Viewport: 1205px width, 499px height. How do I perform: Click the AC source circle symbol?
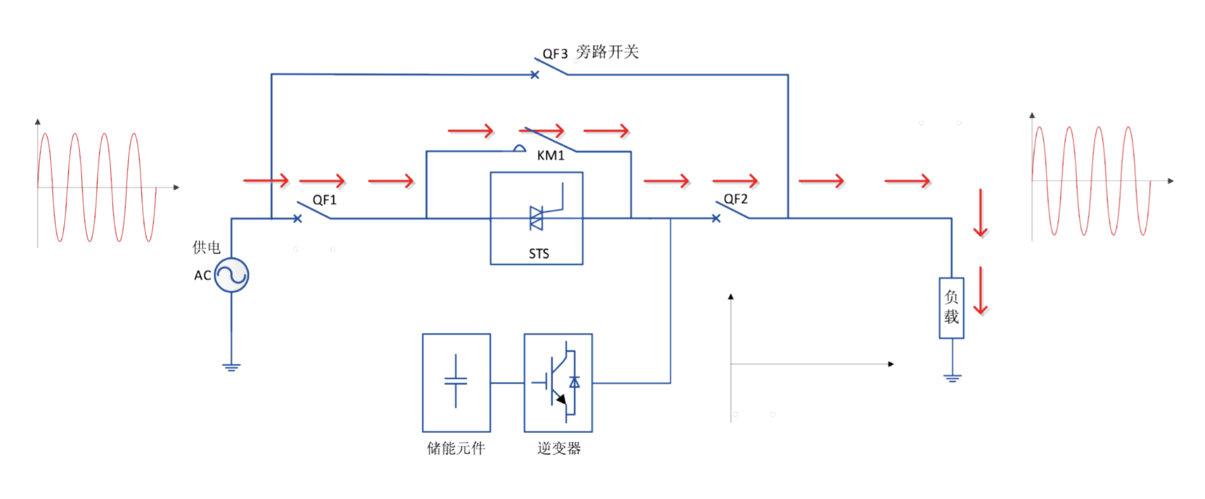click(231, 275)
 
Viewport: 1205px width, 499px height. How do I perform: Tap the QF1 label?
click(324, 200)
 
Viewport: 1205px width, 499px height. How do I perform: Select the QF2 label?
click(736, 199)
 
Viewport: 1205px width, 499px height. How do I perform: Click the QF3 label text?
click(555, 54)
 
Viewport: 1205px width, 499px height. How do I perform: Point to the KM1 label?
click(551, 155)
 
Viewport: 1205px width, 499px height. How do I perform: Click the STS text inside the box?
click(538, 254)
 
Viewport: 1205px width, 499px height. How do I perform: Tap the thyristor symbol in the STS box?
click(537, 218)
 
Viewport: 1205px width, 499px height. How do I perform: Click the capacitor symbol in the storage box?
click(456, 381)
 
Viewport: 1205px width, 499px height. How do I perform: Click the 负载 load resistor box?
click(951, 307)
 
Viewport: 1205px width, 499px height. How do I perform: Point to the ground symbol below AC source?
click(231, 367)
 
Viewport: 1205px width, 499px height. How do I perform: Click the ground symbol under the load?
click(952, 378)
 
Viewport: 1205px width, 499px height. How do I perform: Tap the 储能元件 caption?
click(456, 448)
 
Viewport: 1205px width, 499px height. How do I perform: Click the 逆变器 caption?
click(559, 448)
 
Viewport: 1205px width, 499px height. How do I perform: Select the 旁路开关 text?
click(607, 52)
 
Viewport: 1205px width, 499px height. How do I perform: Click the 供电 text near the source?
click(206, 247)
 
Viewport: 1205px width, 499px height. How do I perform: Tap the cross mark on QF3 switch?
click(535, 75)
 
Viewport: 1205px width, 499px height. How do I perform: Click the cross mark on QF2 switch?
click(716, 219)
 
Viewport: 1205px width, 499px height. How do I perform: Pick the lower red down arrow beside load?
click(981, 291)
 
